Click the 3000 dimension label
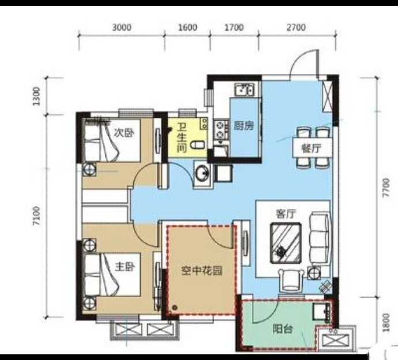point(122,27)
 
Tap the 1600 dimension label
point(187,27)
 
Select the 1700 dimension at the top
point(234,27)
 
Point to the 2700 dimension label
point(296,27)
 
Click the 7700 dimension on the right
point(386,188)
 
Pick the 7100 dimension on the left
point(36,216)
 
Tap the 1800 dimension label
point(386,322)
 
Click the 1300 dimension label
point(36,96)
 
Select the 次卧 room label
point(123,133)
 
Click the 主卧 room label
point(125,267)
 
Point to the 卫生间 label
point(182,138)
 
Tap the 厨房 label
point(244,126)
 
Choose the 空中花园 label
point(202,271)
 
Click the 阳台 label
point(283,329)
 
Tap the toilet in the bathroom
point(198,146)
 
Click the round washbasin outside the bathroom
point(202,173)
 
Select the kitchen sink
point(244,89)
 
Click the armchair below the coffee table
point(291,280)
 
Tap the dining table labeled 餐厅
point(312,148)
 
